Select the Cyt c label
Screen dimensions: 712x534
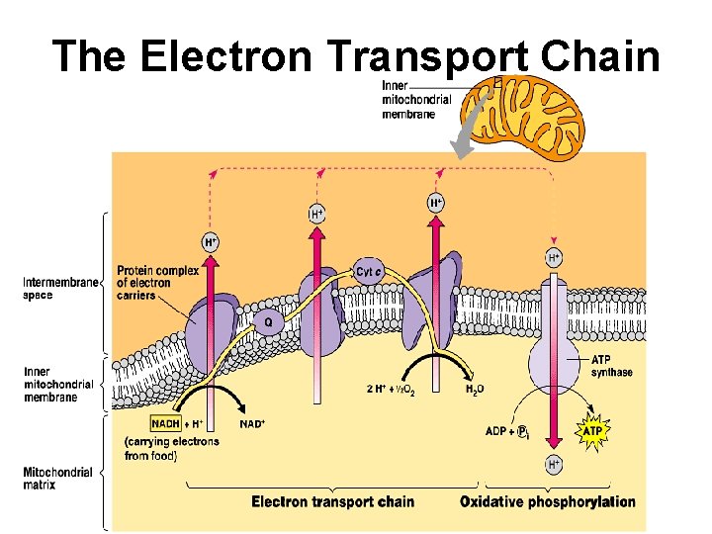click(369, 272)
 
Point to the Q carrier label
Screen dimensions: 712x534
click(267, 321)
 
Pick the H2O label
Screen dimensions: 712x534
click(476, 389)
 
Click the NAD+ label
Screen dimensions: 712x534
click(253, 423)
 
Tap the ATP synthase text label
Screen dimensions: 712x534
click(611, 366)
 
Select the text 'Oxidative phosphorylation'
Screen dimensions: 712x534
click(547, 501)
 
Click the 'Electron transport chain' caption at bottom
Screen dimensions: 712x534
click(332, 501)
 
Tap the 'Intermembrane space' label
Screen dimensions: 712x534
click(60, 288)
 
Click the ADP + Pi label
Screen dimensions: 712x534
click(510, 431)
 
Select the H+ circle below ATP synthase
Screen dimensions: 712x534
click(554, 463)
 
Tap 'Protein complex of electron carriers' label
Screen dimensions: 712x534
click(157, 283)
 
